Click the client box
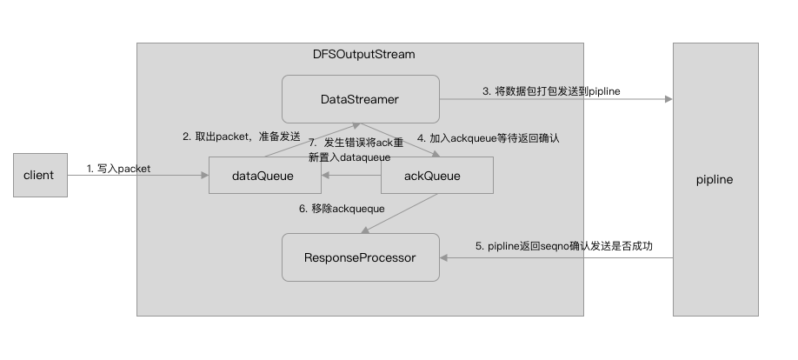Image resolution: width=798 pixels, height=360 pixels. (x=38, y=175)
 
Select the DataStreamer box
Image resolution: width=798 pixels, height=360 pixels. (x=360, y=99)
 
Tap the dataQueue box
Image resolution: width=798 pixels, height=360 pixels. (x=263, y=176)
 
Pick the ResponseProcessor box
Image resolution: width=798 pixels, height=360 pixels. (x=360, y=257)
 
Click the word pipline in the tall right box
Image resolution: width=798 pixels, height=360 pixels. (x=715, y=179)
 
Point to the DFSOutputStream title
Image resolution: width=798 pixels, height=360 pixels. (x=363, y=55)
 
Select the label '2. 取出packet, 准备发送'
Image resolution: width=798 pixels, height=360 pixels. (x=241, y=137)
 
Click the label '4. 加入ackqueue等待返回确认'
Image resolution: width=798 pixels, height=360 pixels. (x=489, y=137)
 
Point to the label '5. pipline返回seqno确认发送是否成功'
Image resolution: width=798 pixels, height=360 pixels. (x=563, y=246)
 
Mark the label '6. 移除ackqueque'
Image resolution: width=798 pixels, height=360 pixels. (x=341, y=209)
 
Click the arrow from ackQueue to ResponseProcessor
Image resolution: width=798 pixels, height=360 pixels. (x=400, y=214)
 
